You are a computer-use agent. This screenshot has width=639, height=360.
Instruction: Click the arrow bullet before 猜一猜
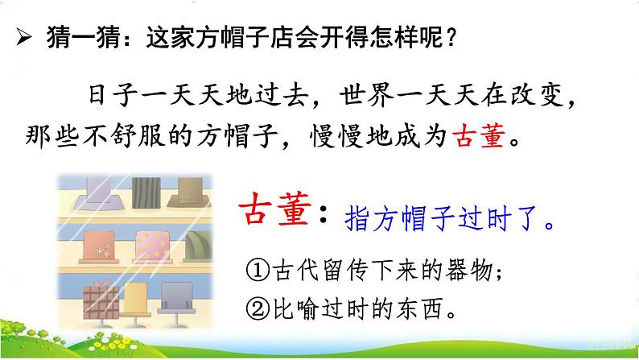23,38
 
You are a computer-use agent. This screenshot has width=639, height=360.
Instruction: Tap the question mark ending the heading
451,38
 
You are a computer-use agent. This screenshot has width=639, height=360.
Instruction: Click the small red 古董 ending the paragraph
480,136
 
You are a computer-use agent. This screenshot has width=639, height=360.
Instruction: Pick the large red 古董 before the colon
274,209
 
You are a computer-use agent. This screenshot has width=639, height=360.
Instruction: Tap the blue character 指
357,219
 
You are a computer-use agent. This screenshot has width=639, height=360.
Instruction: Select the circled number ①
258,270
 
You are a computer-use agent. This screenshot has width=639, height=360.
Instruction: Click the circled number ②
258,309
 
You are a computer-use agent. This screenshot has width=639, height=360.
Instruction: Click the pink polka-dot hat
152,247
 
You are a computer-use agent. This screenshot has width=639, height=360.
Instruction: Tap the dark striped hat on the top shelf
146,192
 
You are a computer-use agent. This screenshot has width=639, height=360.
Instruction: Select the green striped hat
199,246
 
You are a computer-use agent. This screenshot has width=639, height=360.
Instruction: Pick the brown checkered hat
101,301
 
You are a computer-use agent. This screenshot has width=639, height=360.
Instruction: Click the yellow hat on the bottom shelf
136,303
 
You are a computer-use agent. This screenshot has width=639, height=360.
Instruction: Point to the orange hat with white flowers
100,247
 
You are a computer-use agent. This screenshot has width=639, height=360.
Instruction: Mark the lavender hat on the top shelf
99,193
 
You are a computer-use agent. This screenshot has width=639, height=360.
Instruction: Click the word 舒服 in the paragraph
138,136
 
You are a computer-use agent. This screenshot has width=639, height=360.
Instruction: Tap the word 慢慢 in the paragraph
336,136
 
